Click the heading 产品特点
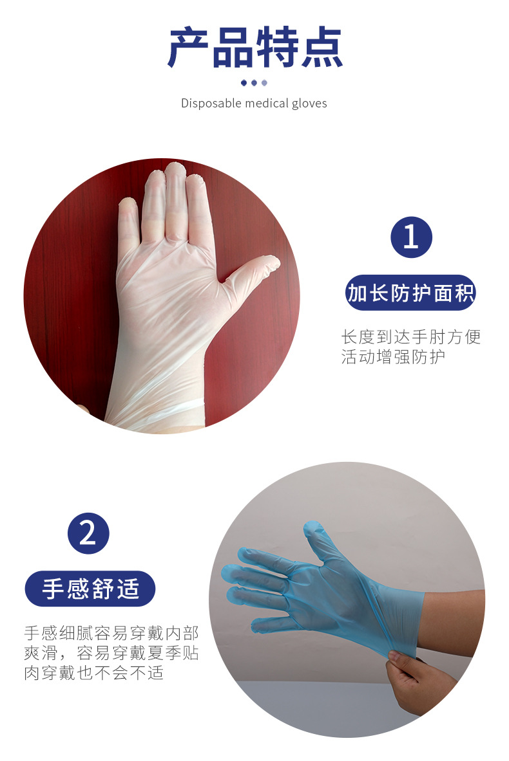pyautogui.click(x=254, y=48)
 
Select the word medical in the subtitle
pyautogui.click(x=267, y=103)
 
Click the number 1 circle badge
pyautogui.click(x=411, y=237)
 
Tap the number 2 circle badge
pyautogui.click(x=88, y=533)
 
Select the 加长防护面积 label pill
pyautogui.click(x=411, y=293)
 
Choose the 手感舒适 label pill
pyautogui.click(x=90, y=589)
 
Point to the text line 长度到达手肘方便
pyautogui.click(x=411, y=337)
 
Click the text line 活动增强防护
pyautogui.click(x=393, y=357)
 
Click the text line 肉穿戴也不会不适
pyautogui.click(x=94, y=674)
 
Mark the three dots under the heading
pyautogui.click(x=254, y=82)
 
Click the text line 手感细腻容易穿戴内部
pyautogui.click(x=111, y=632)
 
